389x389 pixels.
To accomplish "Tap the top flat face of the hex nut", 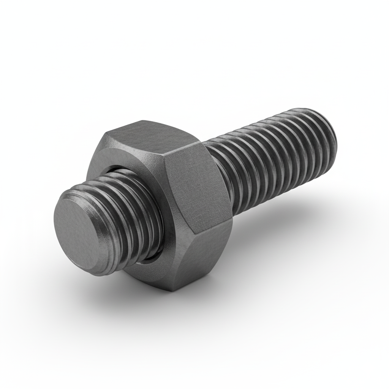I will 152,135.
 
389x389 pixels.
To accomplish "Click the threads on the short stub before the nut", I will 125,213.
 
